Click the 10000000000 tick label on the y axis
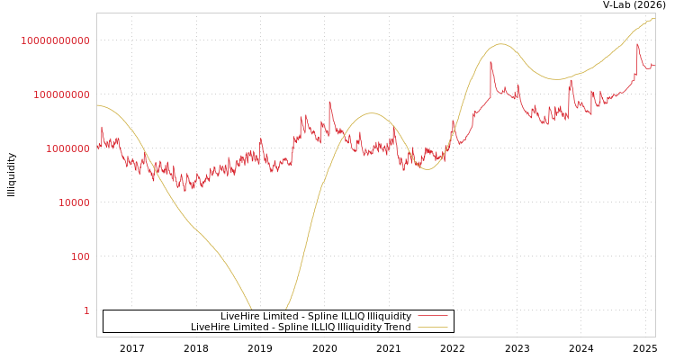[56, 41]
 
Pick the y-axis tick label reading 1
[86, 311]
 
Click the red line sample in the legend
[433, 317]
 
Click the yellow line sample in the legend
[433, 328]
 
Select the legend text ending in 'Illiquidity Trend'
[301, 328]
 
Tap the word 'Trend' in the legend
[397, 328]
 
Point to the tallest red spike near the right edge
[637, 44]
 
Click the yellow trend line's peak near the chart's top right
[653, 18]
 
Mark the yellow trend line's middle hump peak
[371, 113]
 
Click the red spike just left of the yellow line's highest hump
[490, 62]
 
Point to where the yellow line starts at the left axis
[97, 105]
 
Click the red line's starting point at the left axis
[97, 148]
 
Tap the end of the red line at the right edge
[654, 66]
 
